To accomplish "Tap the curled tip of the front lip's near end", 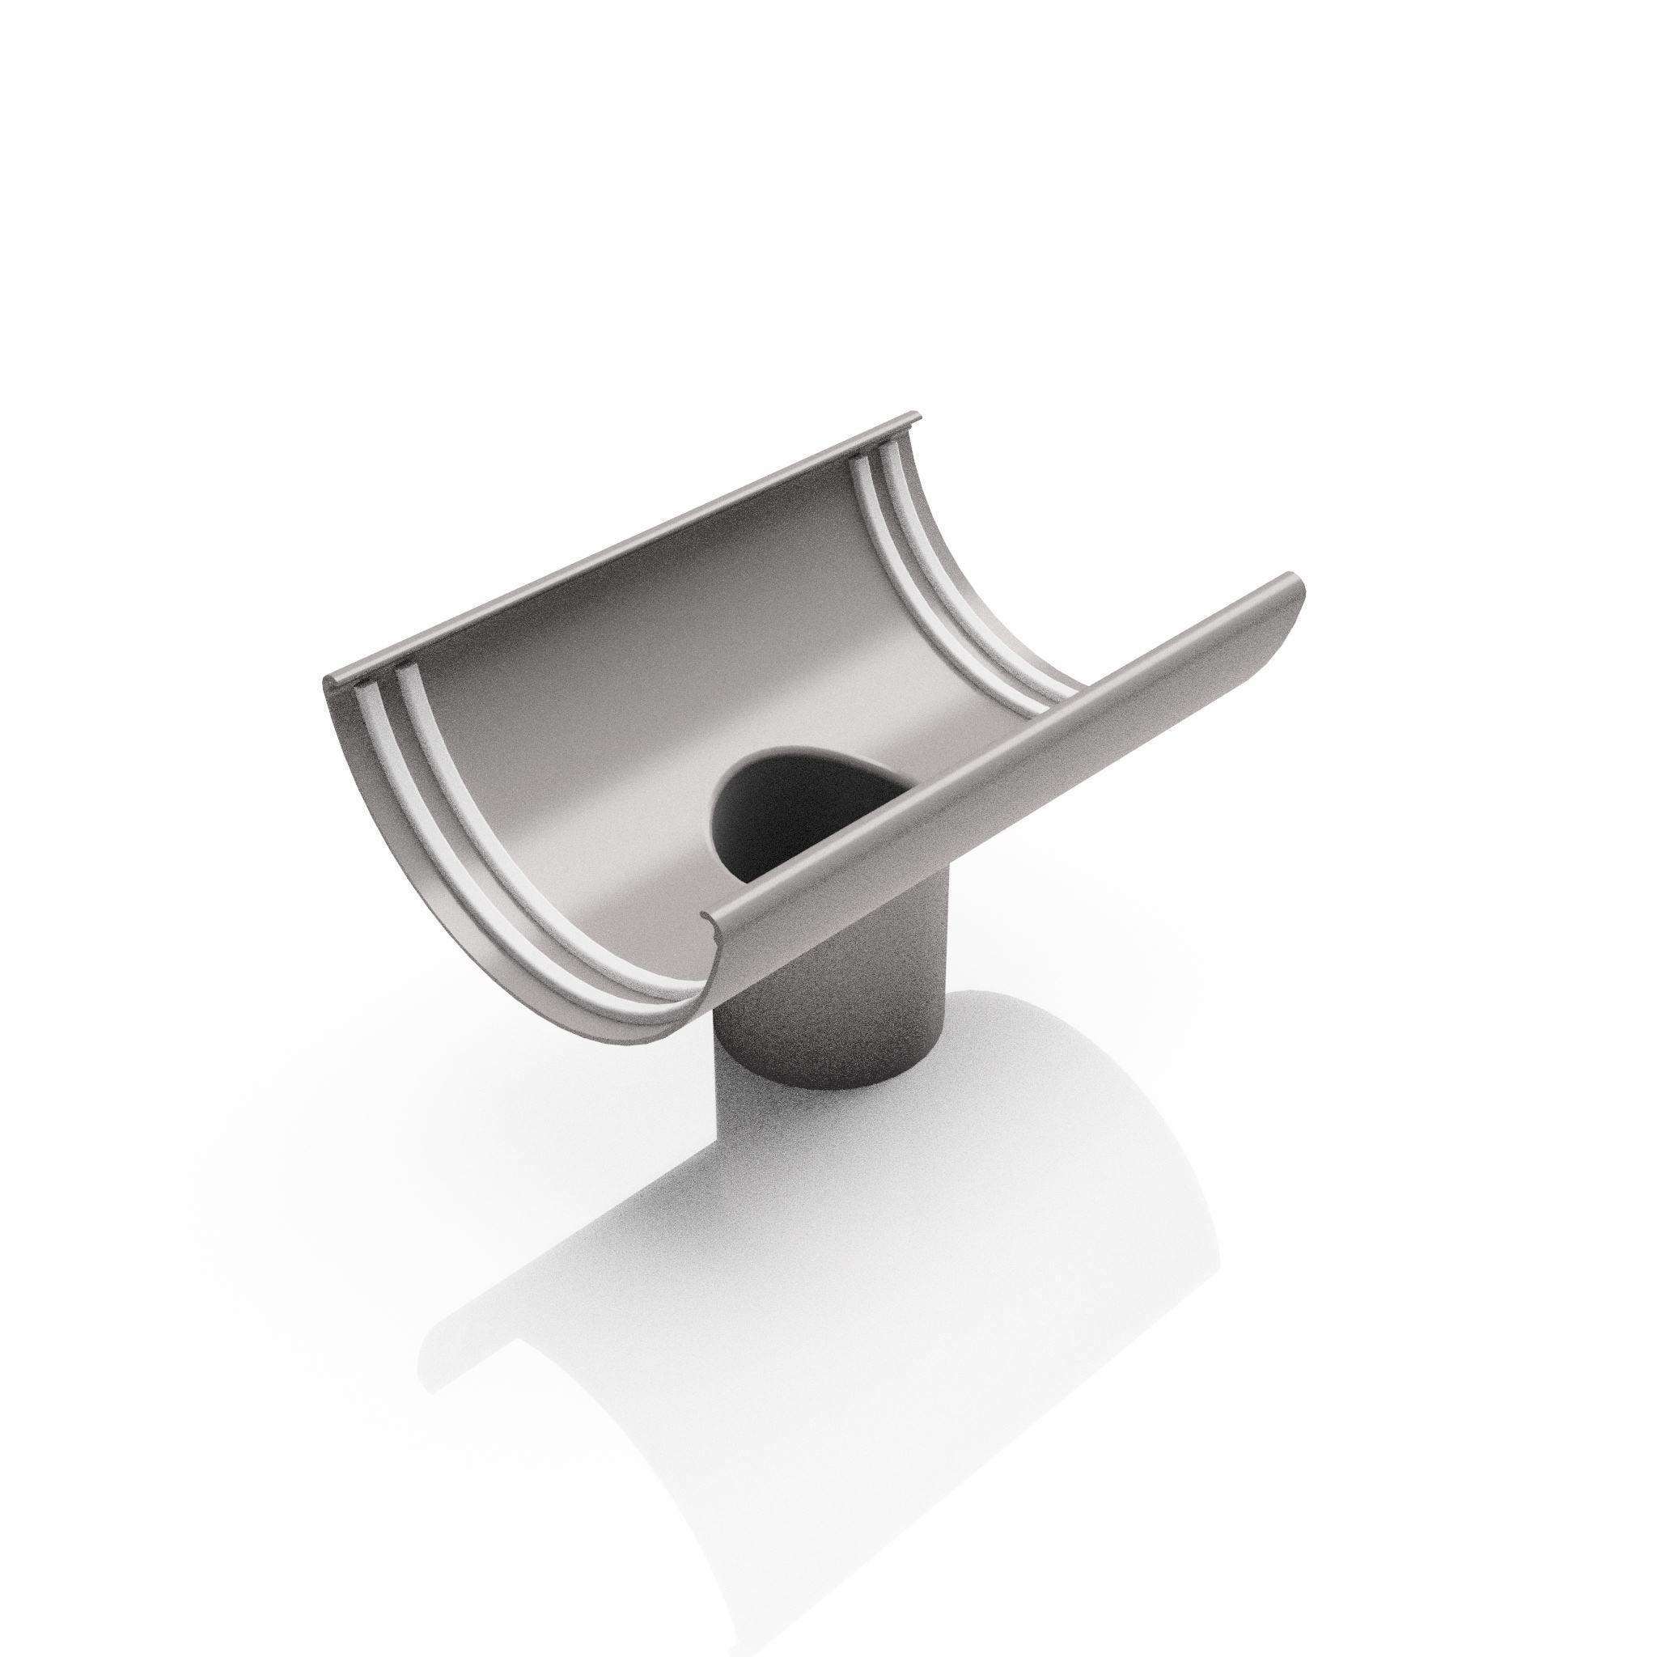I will (x=710, y=922).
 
